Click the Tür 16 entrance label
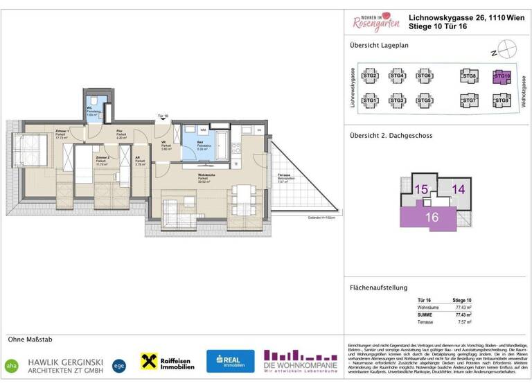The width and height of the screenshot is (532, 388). (163, 116)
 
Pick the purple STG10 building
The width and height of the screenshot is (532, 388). (501, 76)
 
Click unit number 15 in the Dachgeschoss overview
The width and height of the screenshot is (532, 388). (421, 188)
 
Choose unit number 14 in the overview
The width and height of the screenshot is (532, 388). (458, 188)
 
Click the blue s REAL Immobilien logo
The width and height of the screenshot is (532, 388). (230, 361)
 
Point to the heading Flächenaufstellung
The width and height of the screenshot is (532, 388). (378, 287)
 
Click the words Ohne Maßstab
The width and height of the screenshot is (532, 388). (30, 339)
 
